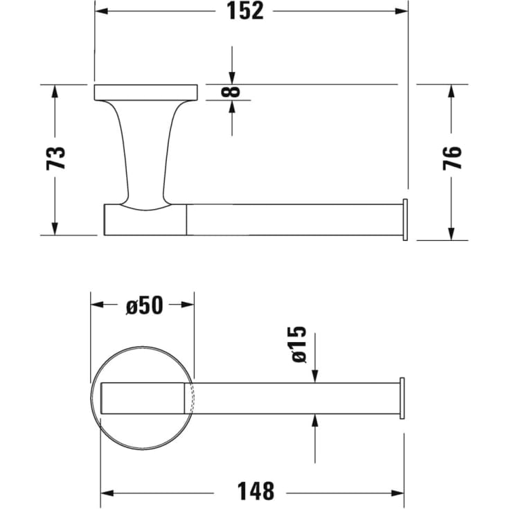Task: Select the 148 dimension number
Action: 255,492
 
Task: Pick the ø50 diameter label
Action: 144,305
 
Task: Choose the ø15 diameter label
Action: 298,344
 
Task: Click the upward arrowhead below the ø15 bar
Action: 315,420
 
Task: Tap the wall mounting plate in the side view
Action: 146,91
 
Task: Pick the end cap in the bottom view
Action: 402,398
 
